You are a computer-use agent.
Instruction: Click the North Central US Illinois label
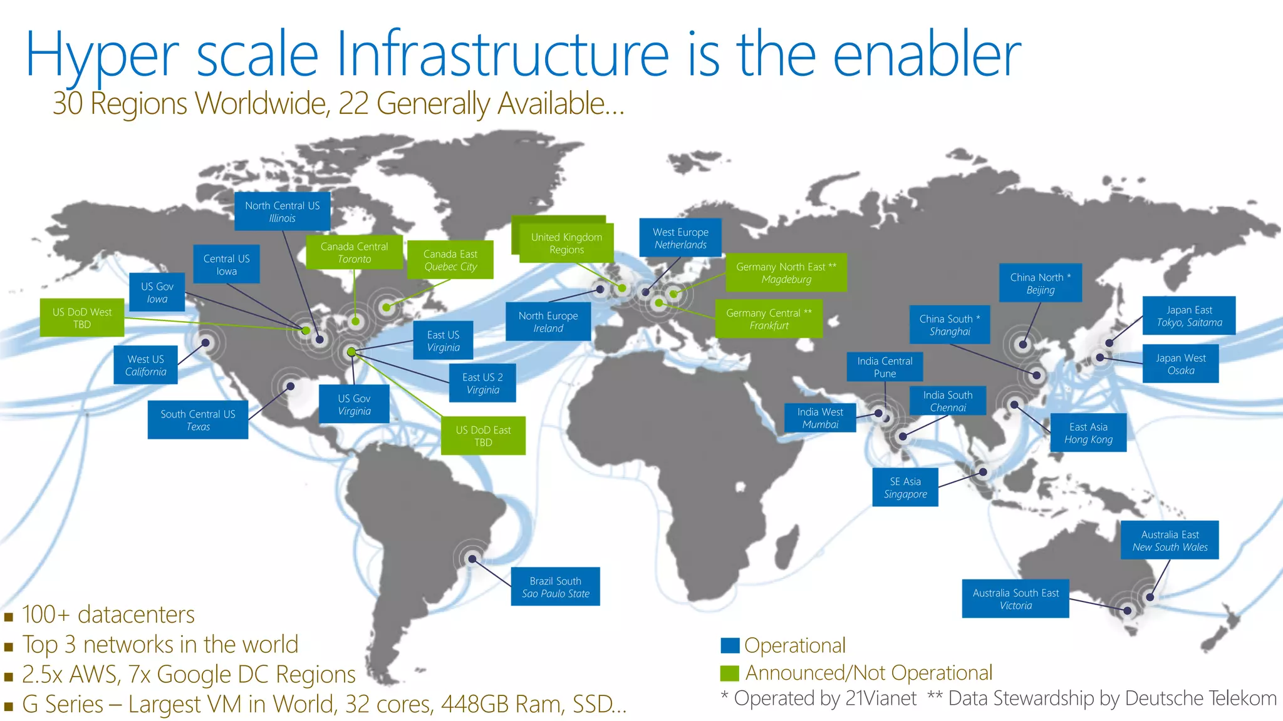click(282, 212)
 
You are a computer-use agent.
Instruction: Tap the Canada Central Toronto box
click(354, 252)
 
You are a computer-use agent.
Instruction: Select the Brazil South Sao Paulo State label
click(555, 586)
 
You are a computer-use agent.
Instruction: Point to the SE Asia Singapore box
click(905, 487)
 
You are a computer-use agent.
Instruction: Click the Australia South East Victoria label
click(1015, 599)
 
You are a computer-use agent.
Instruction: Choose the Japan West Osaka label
click(1180, 364)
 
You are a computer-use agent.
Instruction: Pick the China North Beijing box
click(1040, 283)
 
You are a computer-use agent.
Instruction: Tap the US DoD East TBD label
click(483, 436)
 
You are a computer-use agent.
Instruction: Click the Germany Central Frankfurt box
click(769, 319)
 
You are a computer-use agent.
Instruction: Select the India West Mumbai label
click(820, 417)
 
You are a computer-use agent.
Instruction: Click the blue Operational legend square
click(730, 645)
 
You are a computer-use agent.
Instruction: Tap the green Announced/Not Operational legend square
click(730, 673)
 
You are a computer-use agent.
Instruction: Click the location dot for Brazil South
click(472, 559)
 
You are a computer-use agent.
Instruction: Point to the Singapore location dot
click(983, 472)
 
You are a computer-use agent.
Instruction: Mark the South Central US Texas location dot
click(291, 387)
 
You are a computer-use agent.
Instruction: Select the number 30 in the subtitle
click(68, 103)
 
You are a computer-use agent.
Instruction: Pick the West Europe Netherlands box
click(680, 238)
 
